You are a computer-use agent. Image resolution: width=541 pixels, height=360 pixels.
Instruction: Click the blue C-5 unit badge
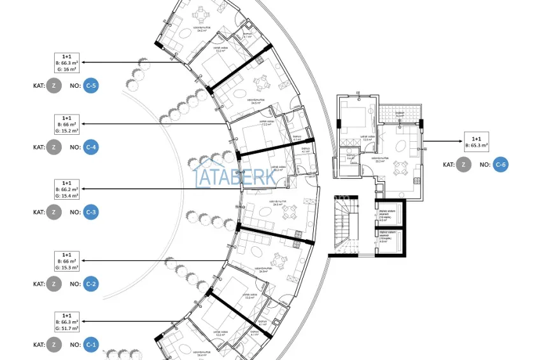[x=90, y=85]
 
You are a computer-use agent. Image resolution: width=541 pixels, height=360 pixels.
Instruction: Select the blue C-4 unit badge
[x=90, y=147]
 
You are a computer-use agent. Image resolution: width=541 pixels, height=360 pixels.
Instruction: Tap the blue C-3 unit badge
[x=90, y=212]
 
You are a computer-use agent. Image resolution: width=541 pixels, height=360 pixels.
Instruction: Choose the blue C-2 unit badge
[x=90, y=284]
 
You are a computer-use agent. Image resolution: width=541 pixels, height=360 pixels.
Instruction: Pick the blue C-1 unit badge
[x=90, y=345]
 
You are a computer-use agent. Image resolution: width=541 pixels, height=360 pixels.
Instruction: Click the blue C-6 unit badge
[x=502, y=165]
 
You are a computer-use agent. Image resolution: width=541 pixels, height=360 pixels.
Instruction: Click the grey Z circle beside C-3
[x=53, y=212]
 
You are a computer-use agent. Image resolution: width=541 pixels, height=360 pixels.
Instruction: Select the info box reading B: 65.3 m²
[x=477, y=142]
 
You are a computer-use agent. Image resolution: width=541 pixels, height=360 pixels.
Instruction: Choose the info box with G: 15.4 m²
[x=67, y=190]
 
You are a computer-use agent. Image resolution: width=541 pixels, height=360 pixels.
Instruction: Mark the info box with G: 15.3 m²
[x=67, y=261]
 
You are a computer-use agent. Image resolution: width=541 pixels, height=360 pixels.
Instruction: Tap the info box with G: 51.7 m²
[x=67, y=322]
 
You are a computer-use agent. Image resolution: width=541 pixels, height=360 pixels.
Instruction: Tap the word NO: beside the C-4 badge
[x=75, y=147]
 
